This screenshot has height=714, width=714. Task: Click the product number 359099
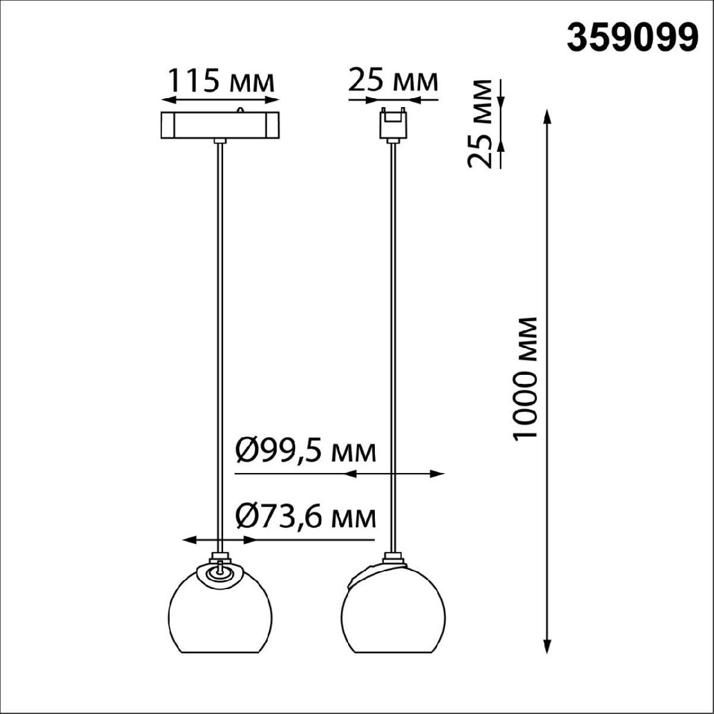click(632, 39)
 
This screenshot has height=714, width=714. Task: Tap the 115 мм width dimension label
click(221, 81)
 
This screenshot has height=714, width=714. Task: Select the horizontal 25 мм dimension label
click(393, 80)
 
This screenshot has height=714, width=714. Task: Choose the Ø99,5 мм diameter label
click(306, 452)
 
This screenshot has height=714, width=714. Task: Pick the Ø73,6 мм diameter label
click(306, 516)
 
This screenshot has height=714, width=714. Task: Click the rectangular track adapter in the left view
click(221, 125)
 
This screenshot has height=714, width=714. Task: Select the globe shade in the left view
click(220, 613)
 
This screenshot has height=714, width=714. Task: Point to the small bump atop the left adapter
click(240, 109)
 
